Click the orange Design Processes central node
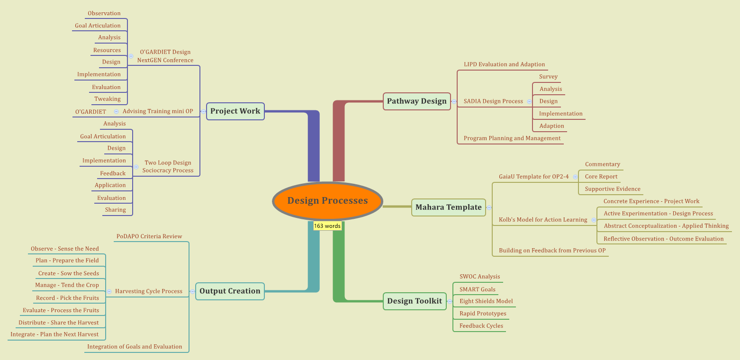(x=327, y=201)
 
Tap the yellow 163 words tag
(x=327, y=226)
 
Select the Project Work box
(x=235, y=111)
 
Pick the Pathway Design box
(x=416, y=101)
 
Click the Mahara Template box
(x=448, y=207)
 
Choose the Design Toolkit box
(x=414, y=301)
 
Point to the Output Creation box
(x=230, y=291)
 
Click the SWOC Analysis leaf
(x=479, y=277)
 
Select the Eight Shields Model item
(x=486, y=301)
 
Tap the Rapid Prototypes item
(x=483, y=314)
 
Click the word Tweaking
(x=108, y=99)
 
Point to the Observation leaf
(x=104, y=13)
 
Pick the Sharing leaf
(x=116, y=210)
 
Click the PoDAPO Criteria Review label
(x=149, y=236)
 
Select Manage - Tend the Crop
(x=67, y=285)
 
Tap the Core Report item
(x=601, y=177)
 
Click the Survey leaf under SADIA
(x=548, y=77)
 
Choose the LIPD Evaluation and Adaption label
(x=504, y=64)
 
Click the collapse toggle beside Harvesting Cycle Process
(x=109, y=291)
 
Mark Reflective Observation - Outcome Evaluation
(x=663, y=239)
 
